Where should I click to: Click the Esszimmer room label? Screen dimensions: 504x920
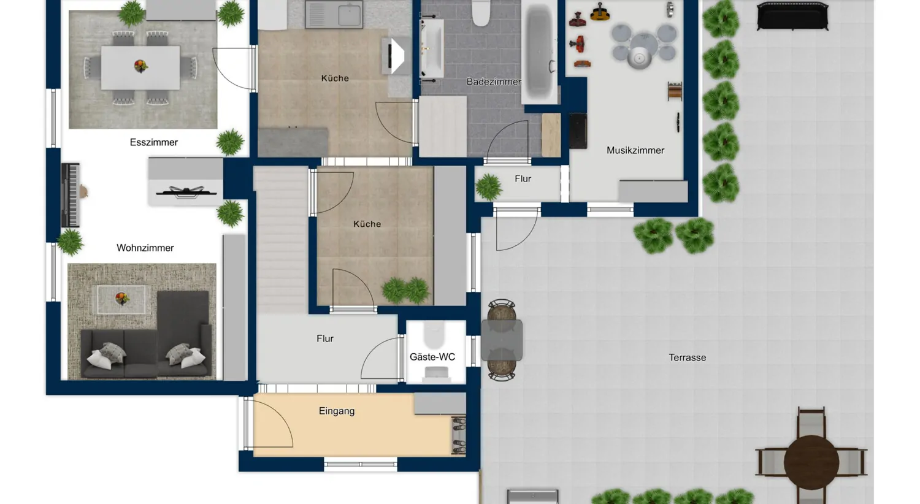tap(153, 142)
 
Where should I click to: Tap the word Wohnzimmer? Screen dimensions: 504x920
tap(145, 248)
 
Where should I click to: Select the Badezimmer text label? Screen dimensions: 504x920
tap(493, 82)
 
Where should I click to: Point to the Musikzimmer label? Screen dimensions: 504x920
tap(635, 150)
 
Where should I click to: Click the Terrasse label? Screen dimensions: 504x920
tap(687, 357)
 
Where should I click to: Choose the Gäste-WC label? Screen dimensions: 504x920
tap(432, 357)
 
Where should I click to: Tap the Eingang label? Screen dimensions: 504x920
tap(337, 411)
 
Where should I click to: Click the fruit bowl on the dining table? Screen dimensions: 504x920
tap(140, 66)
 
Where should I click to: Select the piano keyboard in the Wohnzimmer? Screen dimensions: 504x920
tap(70, 196)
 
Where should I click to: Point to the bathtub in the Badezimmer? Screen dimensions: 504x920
tap(539, 52)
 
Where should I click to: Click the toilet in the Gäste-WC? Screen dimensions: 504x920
tap(434, 334)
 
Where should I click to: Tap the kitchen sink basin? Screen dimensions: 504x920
tap(349, 15)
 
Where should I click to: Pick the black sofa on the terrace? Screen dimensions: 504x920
tap(792, 16)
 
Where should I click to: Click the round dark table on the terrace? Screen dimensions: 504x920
tap(811, 462)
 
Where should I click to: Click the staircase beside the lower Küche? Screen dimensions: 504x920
tap(281, 239)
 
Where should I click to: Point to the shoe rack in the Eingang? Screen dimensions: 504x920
tap(458, 435)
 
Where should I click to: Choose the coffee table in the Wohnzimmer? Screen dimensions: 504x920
tap(121, 299)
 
